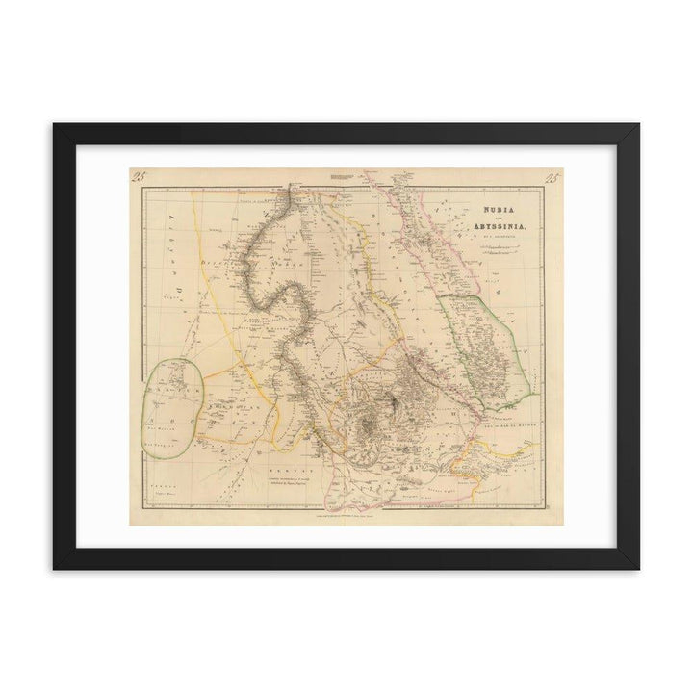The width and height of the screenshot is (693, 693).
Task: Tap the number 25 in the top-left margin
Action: tap(138, 175)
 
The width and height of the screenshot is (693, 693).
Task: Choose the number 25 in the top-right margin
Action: tap(552, 175)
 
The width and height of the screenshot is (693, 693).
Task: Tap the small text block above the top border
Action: tap(344, 177)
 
